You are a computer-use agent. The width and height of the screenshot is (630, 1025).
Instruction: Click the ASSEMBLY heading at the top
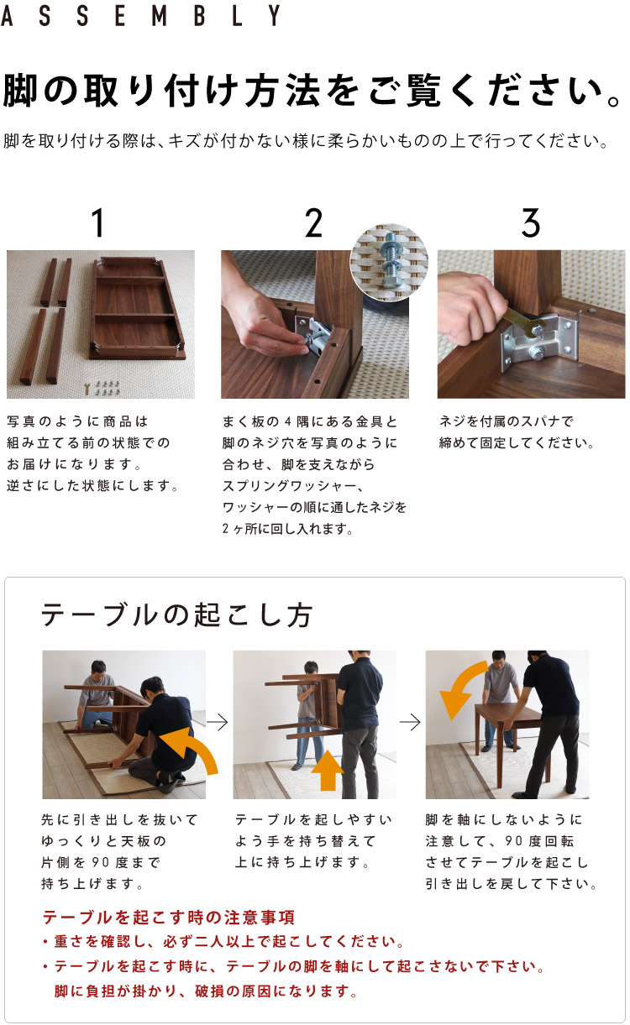(x=141, y=16)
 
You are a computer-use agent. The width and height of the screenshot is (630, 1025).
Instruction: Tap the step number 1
(x=98, y=223)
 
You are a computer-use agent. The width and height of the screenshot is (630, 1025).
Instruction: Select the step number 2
(x=313, y=223)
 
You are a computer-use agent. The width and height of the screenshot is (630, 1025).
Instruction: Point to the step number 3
(x=530, y=223)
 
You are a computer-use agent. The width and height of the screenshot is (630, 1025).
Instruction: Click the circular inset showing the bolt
(x=388, y=261)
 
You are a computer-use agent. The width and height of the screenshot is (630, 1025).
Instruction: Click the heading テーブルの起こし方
(x=177, y=615)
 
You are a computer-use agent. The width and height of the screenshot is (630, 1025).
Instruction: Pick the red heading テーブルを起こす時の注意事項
(x=168, y=918)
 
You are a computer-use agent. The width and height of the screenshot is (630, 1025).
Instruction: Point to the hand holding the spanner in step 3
(x=470, y=306)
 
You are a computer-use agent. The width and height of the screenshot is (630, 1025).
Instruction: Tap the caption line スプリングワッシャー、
(x=293, y=486)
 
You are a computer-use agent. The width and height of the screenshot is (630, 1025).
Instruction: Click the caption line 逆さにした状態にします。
(x=93, y=486)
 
